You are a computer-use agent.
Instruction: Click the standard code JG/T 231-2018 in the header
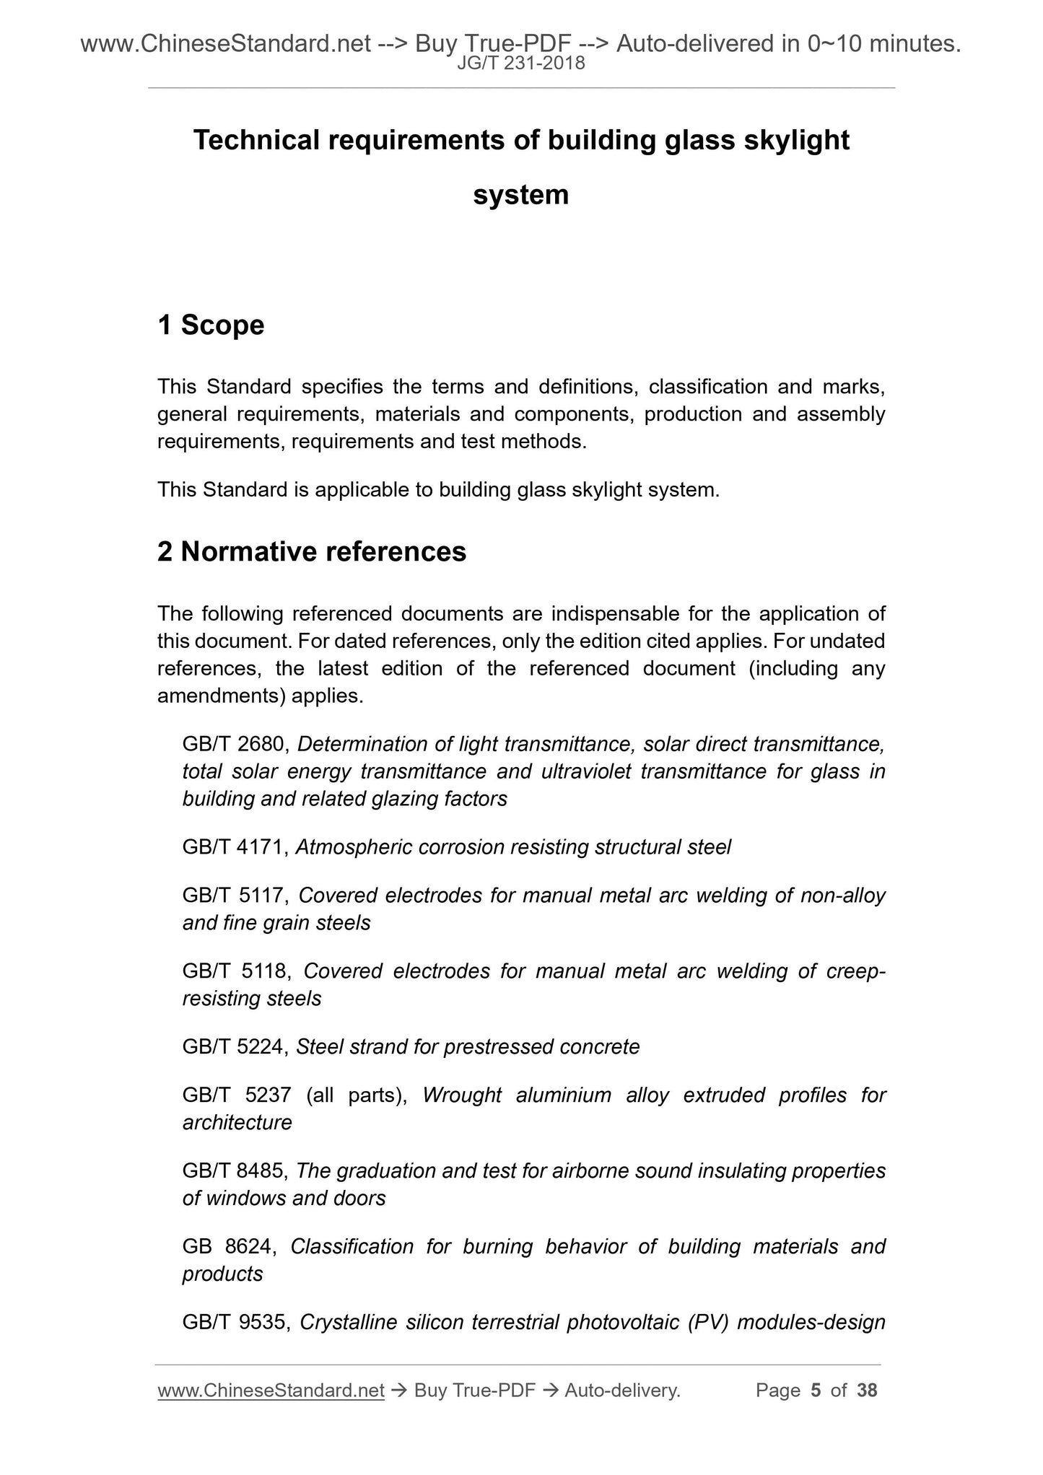point(521,64)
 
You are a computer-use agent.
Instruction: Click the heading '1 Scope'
point(211,325)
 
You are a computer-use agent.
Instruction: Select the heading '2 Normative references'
point(312,552)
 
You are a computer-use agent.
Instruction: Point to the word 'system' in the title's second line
point(521,195)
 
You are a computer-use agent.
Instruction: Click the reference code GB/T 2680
point(236,744)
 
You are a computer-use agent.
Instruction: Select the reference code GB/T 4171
point(236,847)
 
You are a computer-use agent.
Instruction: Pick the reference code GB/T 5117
point(236,896)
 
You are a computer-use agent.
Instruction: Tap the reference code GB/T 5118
point(236,971)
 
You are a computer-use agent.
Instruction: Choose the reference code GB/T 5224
point(236,1047)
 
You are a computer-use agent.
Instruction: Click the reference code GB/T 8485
point(236,1171)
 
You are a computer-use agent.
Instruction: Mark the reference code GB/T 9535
point(236,1323)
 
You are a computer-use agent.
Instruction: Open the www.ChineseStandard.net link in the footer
point(271,1391)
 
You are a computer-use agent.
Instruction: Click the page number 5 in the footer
point(816,1391)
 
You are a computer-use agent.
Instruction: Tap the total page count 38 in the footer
point(867,1391)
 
